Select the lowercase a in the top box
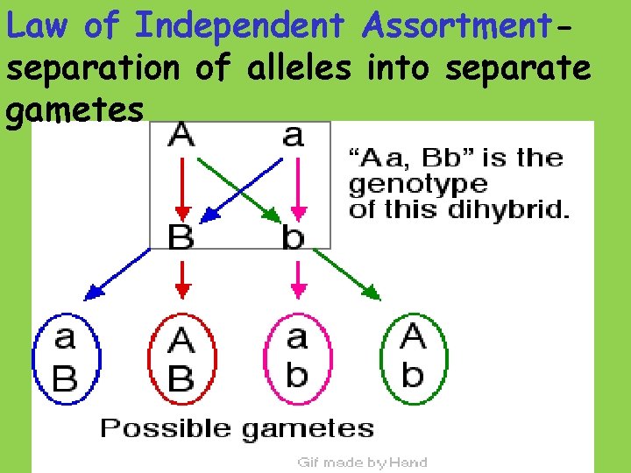[x=294, y=135]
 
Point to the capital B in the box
[x=181, y=236]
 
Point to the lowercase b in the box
[x=294, y=236]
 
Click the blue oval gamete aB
[x=67, y=358]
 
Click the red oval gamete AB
[x=181, y=358]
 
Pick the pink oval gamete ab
[x=297, y=358]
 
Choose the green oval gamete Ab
[x=412, y=358]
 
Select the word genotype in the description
[x=418, y=185]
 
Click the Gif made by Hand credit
[x=362, y=462]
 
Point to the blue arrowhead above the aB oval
[x=91, y=293]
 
